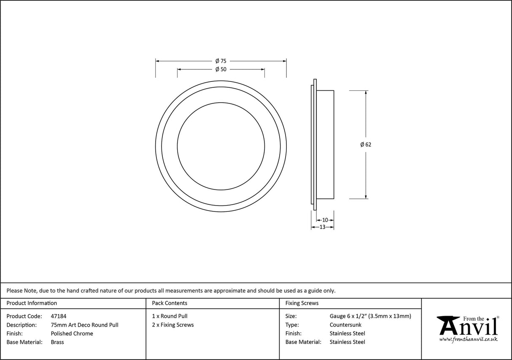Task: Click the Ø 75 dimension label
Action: pos(221,61)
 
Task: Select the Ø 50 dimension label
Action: pos(221,69)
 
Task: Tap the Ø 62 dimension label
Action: pos(366,144)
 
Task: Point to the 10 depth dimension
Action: pos(325,220)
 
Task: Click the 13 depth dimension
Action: pos(322,227)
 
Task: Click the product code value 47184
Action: pos(58,316)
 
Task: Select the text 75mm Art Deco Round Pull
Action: pos(84,325)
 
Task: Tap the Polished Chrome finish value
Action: pos(72,333)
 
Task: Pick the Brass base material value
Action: pos(57,342)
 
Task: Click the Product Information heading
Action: pos(32,303)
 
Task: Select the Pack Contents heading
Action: pos(170,303)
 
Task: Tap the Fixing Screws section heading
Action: pos(302,303)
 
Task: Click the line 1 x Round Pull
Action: pos(170,316)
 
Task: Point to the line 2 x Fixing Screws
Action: pos(173,325)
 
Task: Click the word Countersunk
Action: pos(345,325)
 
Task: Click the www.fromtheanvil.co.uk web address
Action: pos(468,339)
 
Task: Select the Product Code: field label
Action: pos(24,316)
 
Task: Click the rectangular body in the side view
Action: pos(325,144)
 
